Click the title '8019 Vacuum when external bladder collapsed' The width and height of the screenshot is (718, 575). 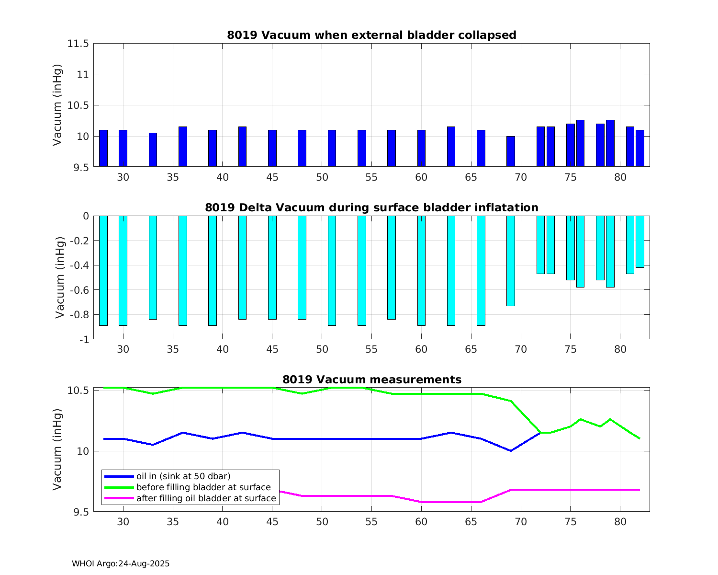[371, 35]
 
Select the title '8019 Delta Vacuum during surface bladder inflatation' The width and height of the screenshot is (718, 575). [371, 207]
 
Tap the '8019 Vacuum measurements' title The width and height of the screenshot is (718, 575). [371, 379]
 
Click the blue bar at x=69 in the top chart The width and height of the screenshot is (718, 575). [511, 151]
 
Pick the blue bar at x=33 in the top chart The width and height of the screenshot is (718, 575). [153, 150]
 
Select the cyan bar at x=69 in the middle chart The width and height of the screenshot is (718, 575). [511, 261]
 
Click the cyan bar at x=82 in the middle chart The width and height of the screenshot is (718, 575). [640, 241]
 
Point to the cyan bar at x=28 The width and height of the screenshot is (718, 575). [103, 271]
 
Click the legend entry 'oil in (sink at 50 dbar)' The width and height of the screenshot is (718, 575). [183, 476]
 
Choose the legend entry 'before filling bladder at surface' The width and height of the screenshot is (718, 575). [203, 487]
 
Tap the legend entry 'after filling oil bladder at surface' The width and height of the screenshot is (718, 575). [206, 498]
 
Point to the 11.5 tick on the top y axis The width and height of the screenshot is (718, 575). [78, 44]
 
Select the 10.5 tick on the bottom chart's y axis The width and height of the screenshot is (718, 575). [78, 391]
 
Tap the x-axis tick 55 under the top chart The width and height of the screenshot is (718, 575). [371, 177]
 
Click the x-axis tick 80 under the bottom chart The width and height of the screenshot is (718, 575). [620, 522]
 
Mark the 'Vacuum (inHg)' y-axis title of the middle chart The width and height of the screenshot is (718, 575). [59, 277]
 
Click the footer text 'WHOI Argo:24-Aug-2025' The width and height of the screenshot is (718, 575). [121, 563]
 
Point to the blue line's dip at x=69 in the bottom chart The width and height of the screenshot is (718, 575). [511, 450]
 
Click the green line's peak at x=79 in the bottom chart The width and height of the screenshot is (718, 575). [610, 419]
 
